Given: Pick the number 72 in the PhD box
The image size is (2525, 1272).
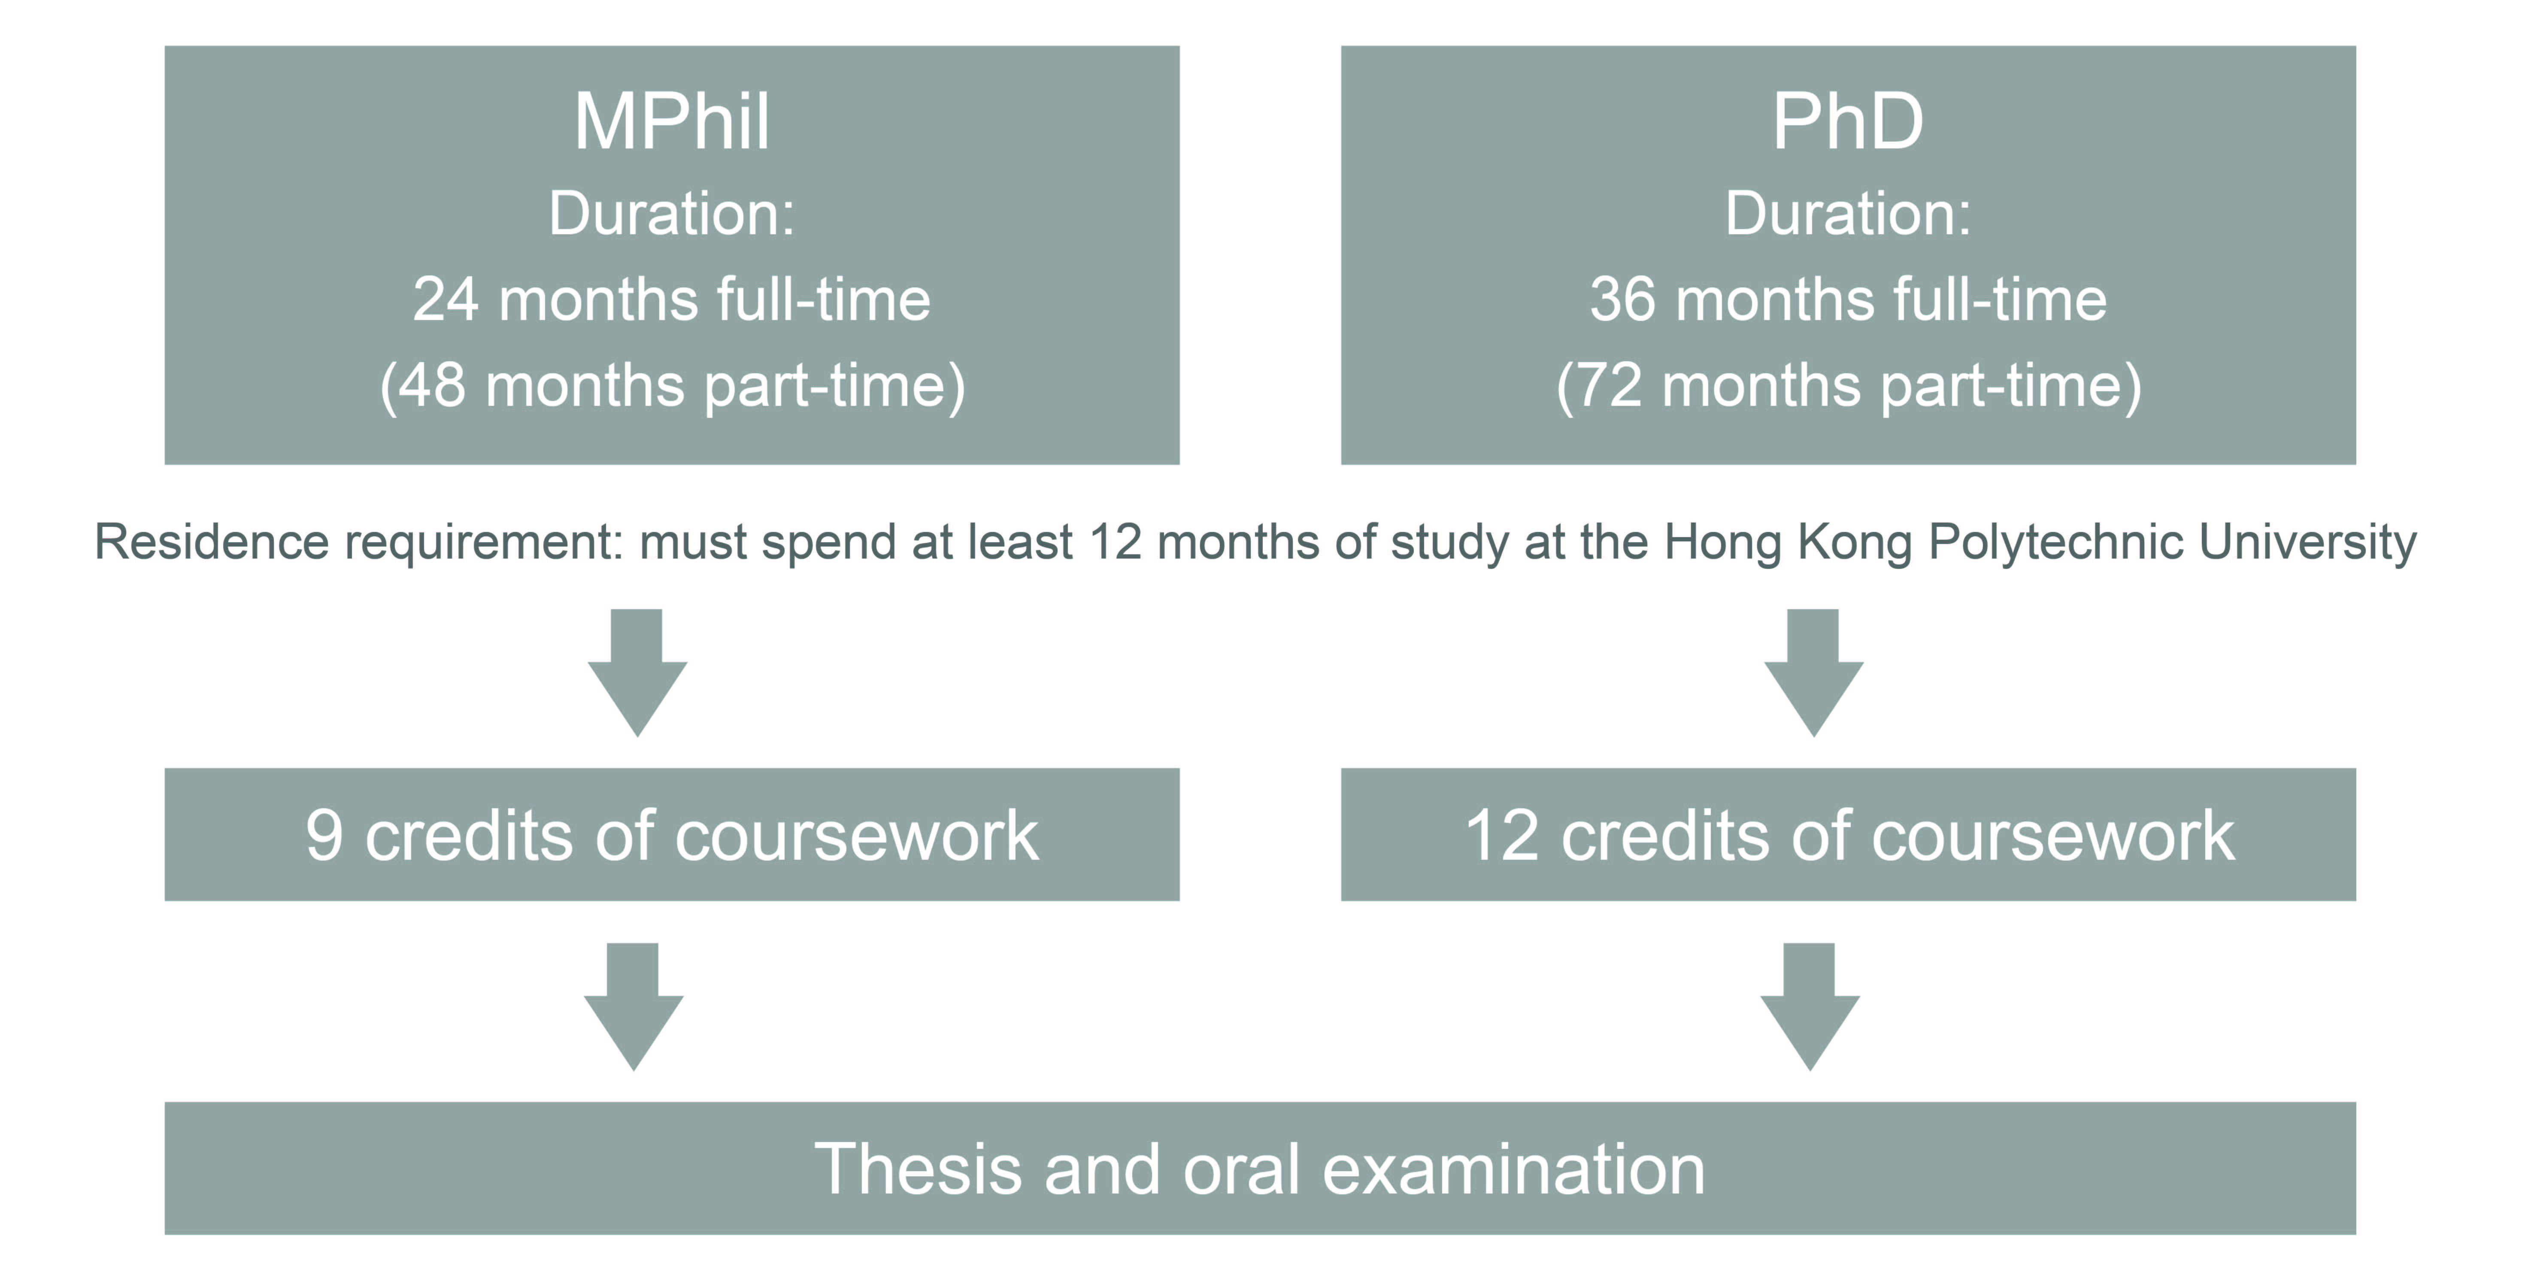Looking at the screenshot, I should (x=1609, y=385).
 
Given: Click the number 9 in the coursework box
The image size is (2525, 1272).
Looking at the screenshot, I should (x=324, y=836).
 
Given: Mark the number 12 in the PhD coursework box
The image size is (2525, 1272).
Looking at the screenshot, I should (x=1502, y=836).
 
